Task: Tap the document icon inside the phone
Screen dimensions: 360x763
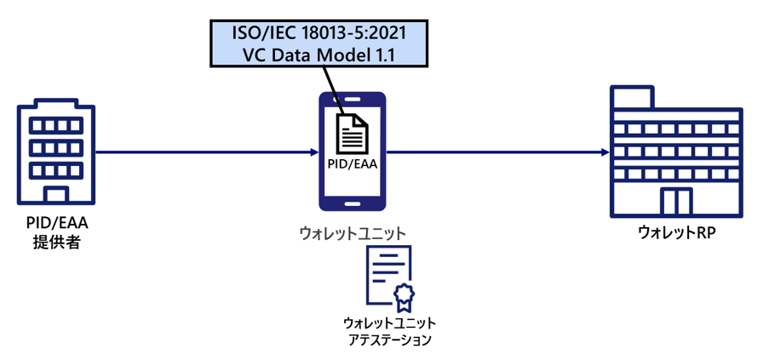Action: (352, 134)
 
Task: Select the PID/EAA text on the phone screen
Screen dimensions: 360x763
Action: (352, 163)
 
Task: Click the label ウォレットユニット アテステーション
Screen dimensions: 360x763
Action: (389, 331)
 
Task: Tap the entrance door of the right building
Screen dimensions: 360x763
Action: (675, 203)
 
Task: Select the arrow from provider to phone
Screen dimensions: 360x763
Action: (204, 153)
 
